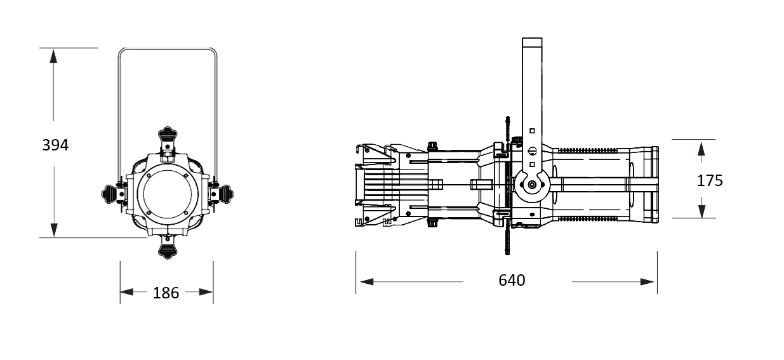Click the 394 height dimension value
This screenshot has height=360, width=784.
pyautogui.click(x=55, y=145)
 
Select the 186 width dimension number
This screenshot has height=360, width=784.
pyautogui.click(x=166, y=293)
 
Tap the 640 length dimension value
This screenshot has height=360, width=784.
pyautogui.click(x=512, y=280)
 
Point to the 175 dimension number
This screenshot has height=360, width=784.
pyautogui.click(x=710, y=181)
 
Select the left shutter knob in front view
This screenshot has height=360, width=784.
pyautogui.click(x=111, y=193)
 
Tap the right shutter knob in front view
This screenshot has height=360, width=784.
pyautogui.click(x=223, y=193)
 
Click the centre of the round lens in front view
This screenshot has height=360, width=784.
pyautogui.click(x=168, y=193)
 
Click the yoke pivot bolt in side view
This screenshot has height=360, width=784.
pyautogui.click(x=532, y=184)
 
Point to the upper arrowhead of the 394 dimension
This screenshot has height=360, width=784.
pyautogui.click(x=53, y=56)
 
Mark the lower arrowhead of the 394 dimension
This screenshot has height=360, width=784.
pyautogui.click(x=54, y=230)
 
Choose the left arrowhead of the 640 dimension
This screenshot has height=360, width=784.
pyautogui.click(x=367, y=281)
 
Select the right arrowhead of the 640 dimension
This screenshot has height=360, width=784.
pyautogui.click(x=647, y=281)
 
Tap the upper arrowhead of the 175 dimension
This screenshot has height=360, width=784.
pyautogui.click(x=701, y=149)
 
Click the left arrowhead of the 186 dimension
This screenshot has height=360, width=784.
pyautogui.click(x=127, y=291)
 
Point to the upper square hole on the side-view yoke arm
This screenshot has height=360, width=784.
pyautogui.click(x=532, y=131)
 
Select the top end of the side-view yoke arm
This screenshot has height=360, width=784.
pyautogui.click(x=532, y=38)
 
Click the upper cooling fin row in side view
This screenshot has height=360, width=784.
pyautogui.click(x=587, y=150)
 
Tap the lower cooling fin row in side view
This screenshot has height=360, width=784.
pyautogui.click(x=587, y=218)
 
